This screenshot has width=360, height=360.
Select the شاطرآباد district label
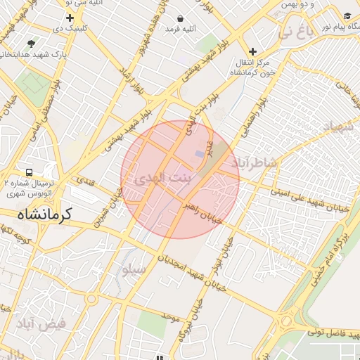256,163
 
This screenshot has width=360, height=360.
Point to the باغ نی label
295,31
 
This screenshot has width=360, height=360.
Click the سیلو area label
134,269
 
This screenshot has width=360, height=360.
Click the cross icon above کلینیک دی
70,18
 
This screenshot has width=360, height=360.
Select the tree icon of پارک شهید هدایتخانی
30,43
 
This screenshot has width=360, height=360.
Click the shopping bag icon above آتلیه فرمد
181,18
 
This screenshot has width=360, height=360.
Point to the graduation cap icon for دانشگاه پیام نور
347,15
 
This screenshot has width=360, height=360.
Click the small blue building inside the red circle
200,153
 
